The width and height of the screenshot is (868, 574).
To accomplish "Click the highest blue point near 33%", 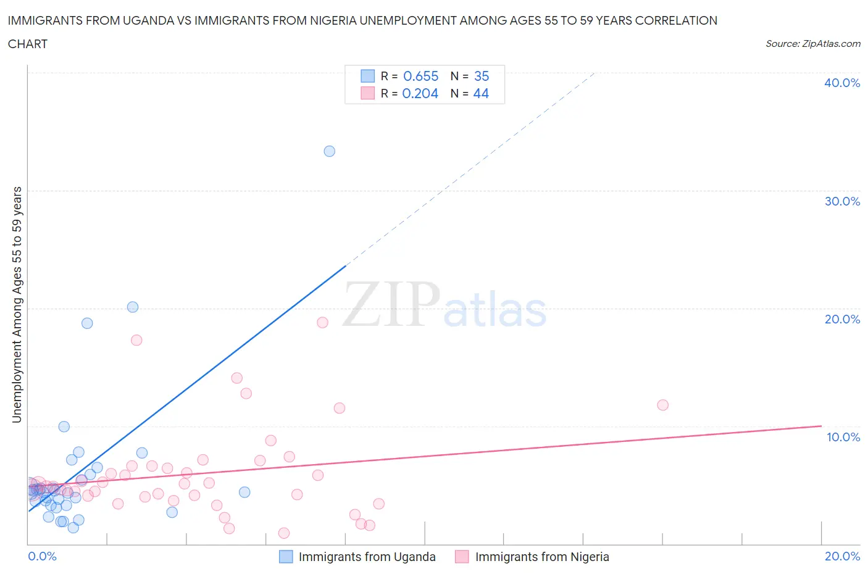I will click(329, 151).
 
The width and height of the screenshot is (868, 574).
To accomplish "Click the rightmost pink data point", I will click(662, 405).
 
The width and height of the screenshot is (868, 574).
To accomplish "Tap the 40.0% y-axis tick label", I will click(841, 83).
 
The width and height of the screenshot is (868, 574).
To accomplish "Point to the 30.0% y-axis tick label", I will click(841, 201).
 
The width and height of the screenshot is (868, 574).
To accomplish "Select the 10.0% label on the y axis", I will click(843, 437).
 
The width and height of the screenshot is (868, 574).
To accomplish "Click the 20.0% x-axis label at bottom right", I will click(842, 556).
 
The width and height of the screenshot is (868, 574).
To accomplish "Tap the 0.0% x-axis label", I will click(42, 556).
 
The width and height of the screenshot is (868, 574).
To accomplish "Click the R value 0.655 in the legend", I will click(420, 76).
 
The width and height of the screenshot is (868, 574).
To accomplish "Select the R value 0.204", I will click(420, 93).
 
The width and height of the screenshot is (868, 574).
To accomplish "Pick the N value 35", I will click(482, 76).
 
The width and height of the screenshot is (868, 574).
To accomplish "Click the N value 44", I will click(481, 93).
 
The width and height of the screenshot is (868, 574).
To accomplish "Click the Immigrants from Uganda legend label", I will click(367, 557).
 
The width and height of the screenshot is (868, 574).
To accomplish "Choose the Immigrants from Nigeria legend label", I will click(541, 557).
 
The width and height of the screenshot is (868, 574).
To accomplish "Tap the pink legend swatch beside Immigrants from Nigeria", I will click(461, 557).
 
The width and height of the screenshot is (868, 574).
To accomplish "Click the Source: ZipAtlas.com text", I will click(812, 43).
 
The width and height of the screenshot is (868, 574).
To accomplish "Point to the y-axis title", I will click(17, 304).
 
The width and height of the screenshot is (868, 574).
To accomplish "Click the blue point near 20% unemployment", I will click(132, 307).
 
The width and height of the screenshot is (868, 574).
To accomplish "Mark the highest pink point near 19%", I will click(322, 322).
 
